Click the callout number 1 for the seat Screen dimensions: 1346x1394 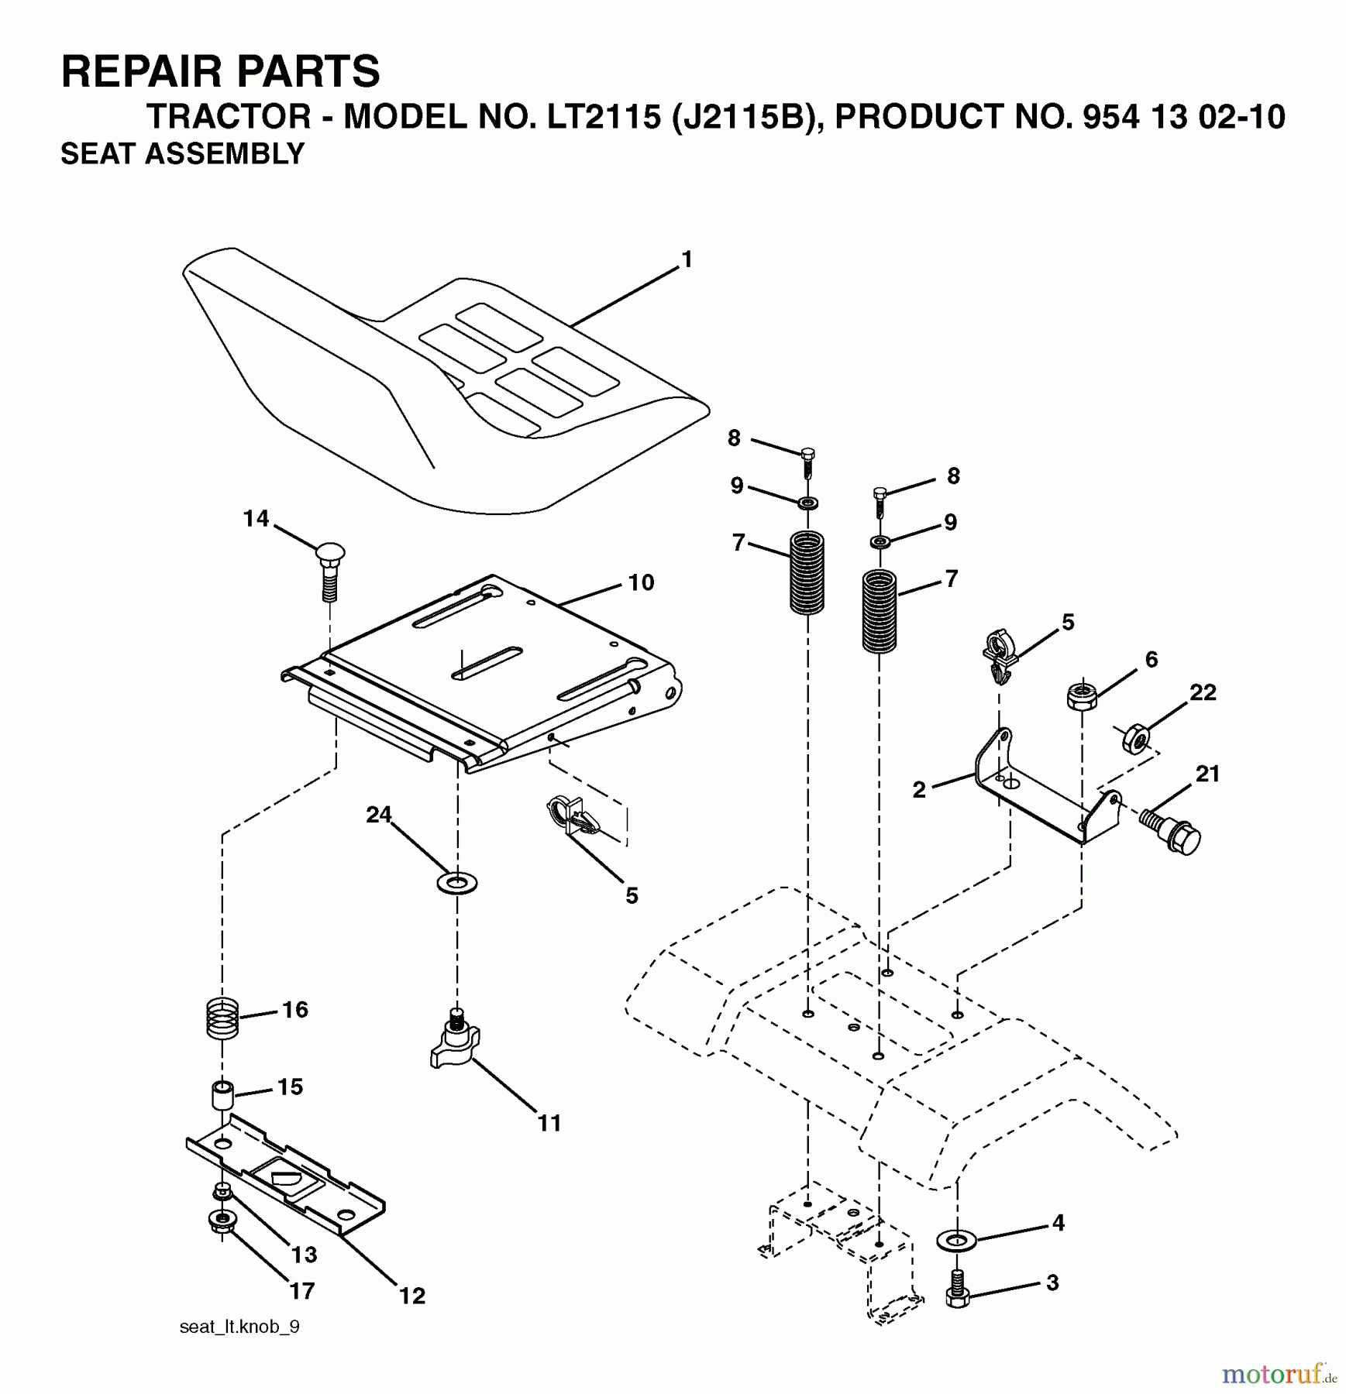click(686, 259)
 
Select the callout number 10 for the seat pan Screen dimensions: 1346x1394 click(641, 582)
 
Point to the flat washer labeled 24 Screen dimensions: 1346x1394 click(457, 882)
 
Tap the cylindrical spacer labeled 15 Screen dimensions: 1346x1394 click(223, 1096)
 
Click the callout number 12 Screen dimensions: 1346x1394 click(412, 1295)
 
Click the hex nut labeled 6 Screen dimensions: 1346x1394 click(1081, 695)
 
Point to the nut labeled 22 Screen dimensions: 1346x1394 click(1135, 737)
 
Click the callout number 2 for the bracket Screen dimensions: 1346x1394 click(919, 790)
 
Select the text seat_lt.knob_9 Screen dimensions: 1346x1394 click(239, 1327)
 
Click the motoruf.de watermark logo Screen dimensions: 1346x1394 click(1279, 1373)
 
